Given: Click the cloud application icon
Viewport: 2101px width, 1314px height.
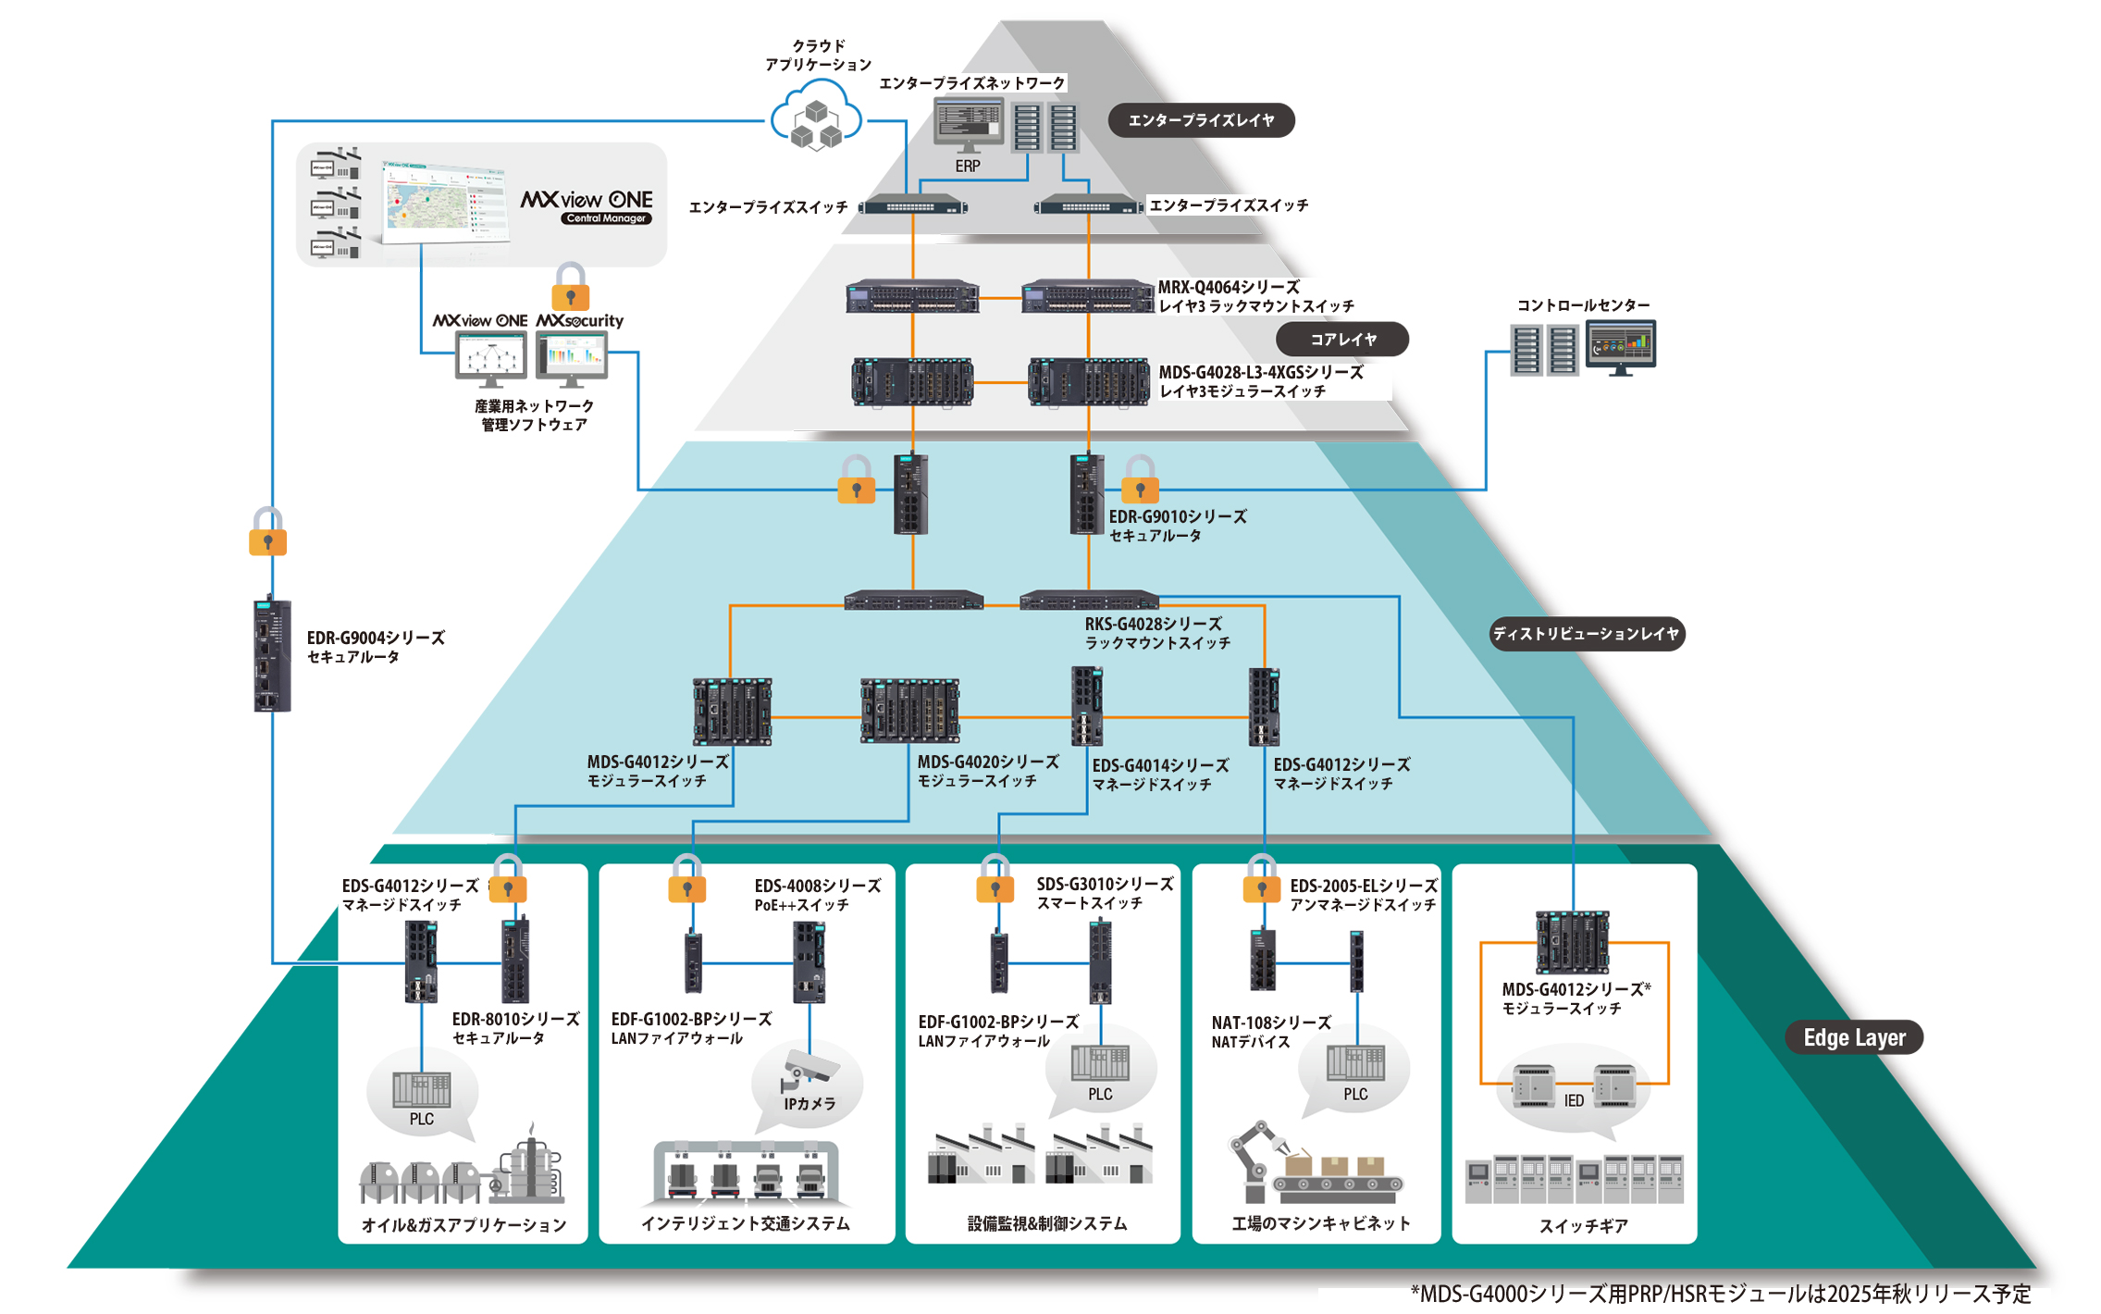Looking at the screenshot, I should (x=816, y=118).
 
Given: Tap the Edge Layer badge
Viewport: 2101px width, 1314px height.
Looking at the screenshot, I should (x=1853, y=1037).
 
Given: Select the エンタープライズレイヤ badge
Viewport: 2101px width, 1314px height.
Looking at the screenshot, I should (x=1201, y=120).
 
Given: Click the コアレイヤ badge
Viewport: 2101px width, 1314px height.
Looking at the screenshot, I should (x=1341, y=340).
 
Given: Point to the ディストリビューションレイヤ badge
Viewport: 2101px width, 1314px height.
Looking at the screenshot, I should (x=1586, y=634).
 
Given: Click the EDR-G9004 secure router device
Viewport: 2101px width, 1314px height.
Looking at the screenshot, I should (x=272, y=655).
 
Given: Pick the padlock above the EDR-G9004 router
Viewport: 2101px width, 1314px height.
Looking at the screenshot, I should (x=267, y=532).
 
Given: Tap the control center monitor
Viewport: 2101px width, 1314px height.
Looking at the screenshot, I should (x=1620, y=346).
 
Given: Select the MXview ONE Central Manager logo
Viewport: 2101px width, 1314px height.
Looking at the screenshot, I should (x=587, y=205).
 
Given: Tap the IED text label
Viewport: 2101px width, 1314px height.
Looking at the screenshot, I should (x=1574, y=1100).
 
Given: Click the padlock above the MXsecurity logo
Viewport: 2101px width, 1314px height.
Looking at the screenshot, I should (x=570, y=287).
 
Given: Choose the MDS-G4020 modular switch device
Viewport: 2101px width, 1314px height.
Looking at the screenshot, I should (x=909, y=711).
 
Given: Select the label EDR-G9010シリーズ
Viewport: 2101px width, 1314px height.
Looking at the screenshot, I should (x=1177, y=517).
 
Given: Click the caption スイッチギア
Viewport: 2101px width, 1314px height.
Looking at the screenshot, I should (x=1583, y=1226).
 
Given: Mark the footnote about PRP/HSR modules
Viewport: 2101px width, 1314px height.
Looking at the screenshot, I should (x=1720, y=1294).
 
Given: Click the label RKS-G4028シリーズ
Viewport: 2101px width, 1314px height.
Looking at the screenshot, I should (x=1153, y=625).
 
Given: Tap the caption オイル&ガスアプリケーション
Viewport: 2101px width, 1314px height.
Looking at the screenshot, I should (x=463, y=1225).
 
